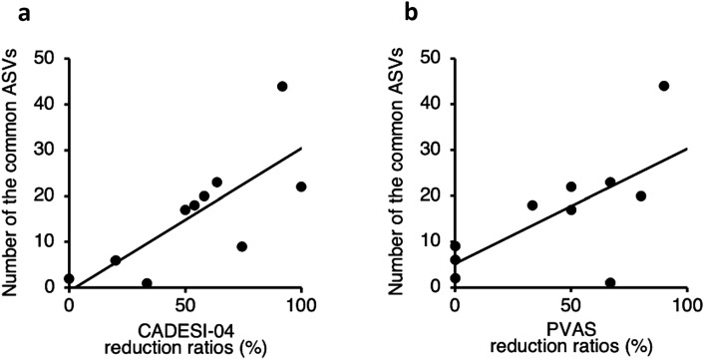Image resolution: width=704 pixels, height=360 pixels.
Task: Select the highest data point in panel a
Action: [282, 86]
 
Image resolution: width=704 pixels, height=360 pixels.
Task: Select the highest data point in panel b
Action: [664, 86]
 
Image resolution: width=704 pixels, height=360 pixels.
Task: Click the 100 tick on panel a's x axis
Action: [301, 303]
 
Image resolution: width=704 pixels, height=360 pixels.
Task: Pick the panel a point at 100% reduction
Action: [301, 186]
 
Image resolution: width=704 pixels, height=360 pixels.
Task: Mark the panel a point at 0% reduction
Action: [69, 279]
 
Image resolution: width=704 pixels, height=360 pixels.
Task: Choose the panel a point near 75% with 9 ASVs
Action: [241, 246]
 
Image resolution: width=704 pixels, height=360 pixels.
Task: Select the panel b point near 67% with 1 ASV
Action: [610, 283]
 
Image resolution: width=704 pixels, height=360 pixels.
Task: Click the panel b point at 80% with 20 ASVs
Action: [641, 195]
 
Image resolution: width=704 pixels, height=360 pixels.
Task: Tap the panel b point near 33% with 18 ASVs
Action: [532, 205]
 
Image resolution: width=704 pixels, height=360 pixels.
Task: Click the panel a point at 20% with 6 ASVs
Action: [116, 260]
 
